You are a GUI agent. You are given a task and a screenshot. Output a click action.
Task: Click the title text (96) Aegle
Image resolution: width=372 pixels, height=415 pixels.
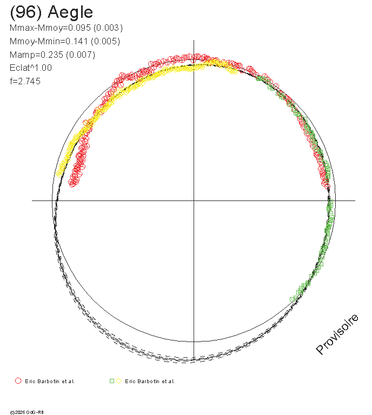coord(51,12)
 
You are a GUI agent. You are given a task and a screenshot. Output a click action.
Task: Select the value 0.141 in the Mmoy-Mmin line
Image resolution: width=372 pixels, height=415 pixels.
coord(77,41)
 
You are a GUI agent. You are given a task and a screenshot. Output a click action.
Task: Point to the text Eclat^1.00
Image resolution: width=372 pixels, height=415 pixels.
coord(31,68)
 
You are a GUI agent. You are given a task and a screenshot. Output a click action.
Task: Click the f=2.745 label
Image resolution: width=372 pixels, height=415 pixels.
coord(25,81)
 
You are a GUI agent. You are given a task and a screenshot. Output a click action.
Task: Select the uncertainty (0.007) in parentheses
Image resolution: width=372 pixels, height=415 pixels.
coord(81,55)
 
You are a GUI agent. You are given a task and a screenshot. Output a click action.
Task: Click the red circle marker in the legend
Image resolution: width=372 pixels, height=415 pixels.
coord(18,381)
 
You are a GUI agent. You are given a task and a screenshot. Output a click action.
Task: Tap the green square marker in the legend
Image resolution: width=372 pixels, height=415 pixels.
coord(112,381)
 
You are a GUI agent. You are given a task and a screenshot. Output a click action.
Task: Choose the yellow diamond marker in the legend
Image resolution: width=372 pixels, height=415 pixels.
coord(118,381)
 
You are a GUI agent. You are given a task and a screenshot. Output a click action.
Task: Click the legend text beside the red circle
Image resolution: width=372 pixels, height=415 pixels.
coord(50,381)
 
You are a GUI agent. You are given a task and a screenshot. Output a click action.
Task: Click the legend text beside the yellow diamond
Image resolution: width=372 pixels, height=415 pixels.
coord(150,381)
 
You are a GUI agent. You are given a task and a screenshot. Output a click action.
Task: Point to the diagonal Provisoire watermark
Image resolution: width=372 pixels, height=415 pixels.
coord(337,334)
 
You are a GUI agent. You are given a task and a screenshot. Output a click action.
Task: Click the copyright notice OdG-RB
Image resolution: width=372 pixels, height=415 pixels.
coord(26,412)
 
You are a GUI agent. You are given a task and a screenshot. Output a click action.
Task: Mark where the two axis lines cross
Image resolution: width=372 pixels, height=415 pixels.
coord(194,200)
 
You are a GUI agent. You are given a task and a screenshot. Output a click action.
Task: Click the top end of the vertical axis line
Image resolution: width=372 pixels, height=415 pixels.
coord(194,40)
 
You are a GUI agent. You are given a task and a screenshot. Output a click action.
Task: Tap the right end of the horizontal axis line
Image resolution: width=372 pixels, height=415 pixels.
coord(355,200)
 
